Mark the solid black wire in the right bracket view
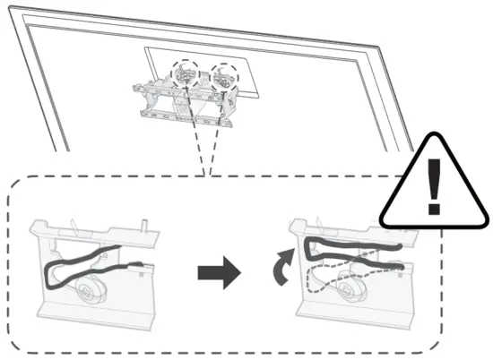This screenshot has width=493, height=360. [350, 246]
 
